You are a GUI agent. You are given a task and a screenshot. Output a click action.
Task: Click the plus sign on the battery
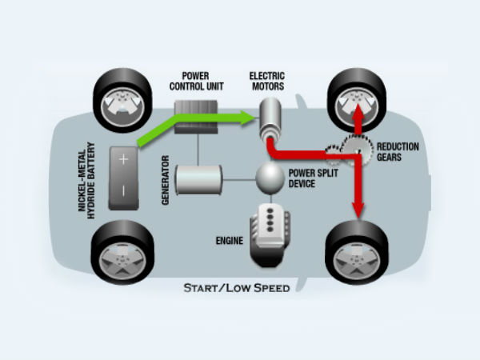(x=124, y=158)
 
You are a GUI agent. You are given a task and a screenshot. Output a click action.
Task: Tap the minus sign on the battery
(x=124, y=190)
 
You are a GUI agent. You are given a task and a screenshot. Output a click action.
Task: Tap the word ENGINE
(x=227, y=239)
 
